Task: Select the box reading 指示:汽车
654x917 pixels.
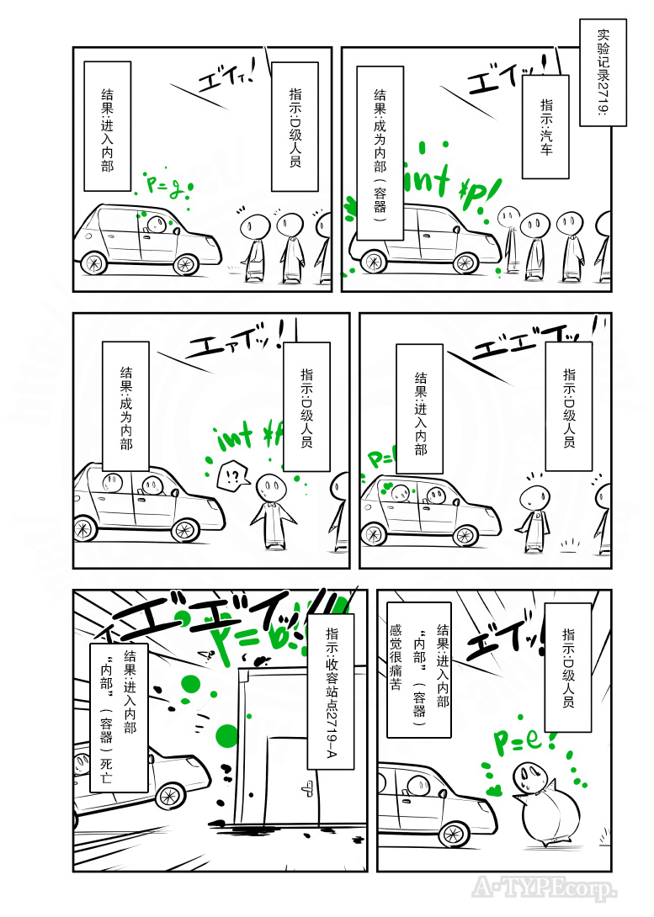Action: pos(545,125)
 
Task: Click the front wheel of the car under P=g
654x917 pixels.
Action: pos(185,264)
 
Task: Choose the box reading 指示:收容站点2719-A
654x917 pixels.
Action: pos(332,691)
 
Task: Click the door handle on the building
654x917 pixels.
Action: pos(308,788)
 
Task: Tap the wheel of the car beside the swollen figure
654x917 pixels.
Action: pos(455,833)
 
